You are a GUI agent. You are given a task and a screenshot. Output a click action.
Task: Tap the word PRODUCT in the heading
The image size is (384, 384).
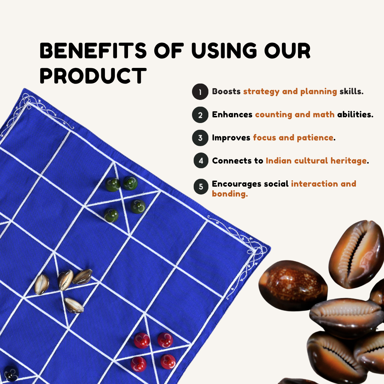93,76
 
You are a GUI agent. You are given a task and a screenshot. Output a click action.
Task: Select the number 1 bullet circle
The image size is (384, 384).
200,92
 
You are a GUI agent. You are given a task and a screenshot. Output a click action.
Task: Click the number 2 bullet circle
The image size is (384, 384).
200,115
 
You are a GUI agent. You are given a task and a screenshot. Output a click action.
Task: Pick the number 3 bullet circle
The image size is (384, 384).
200,138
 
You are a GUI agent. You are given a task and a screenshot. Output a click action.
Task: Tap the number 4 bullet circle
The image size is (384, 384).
201,161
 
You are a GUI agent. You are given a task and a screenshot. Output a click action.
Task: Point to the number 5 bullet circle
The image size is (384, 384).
201,187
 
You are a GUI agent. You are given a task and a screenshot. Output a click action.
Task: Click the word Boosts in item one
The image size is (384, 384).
226,91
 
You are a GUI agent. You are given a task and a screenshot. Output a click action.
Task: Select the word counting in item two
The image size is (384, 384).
273,114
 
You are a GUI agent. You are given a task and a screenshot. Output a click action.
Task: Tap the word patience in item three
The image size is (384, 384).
315,138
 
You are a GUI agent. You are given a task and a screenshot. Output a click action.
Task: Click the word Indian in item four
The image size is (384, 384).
278,161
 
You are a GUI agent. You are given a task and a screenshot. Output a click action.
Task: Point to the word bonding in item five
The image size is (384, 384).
229,194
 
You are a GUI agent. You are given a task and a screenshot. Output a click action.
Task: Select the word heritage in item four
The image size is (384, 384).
348,161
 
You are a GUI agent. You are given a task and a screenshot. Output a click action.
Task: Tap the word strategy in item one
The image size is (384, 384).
261,92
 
